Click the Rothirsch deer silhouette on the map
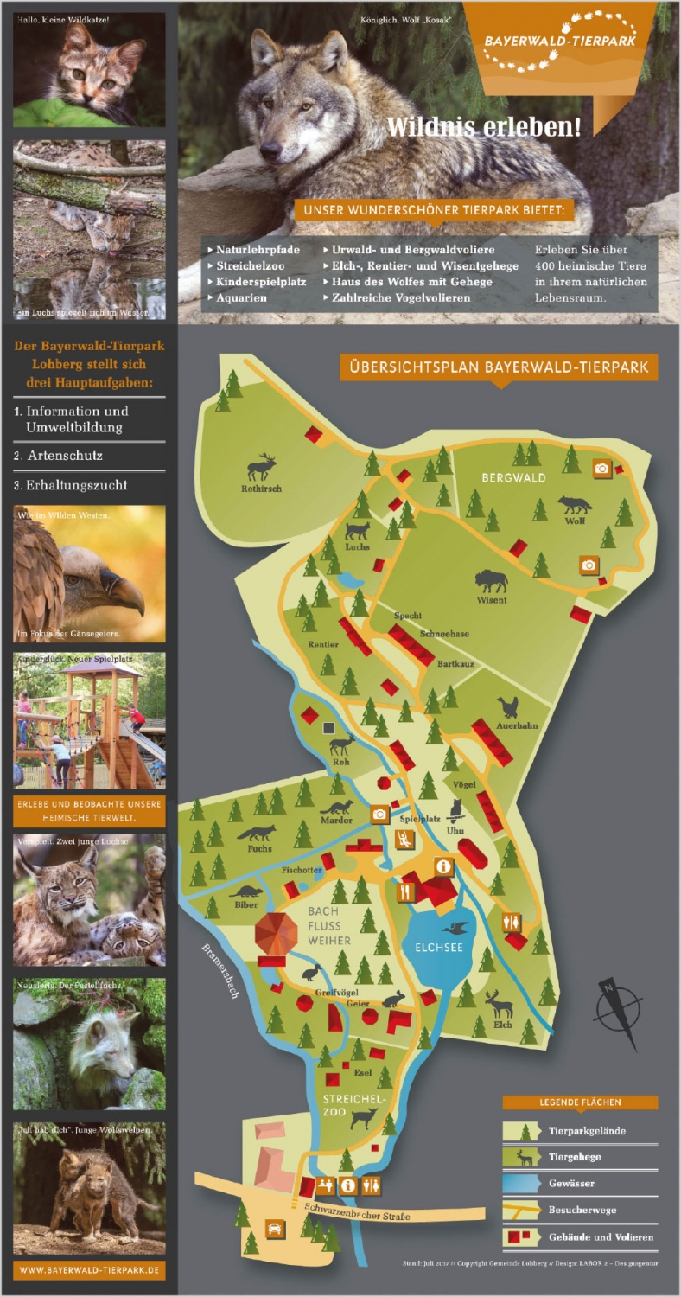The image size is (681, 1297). (262, 468)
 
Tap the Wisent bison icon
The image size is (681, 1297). (491, 580)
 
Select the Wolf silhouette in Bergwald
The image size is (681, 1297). (575, 504)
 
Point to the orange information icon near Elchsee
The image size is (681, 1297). (444, 866)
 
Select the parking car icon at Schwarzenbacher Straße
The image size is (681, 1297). (275, 1229)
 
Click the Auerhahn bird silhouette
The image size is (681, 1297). (508, 708)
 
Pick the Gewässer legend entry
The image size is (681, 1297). (571, 1183)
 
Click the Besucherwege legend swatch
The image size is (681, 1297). (521, 1210)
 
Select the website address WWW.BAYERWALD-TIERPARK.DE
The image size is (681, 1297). (89, 1270)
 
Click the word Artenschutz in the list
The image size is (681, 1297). (65, 456)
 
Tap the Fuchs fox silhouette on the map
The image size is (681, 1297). (257, 834)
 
